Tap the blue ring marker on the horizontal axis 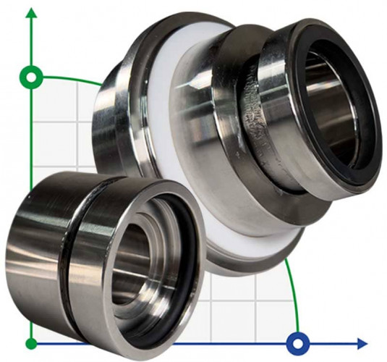pyautogui.click(x=297, y=342)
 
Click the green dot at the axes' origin pyautogui.click(x=30, y=342)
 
